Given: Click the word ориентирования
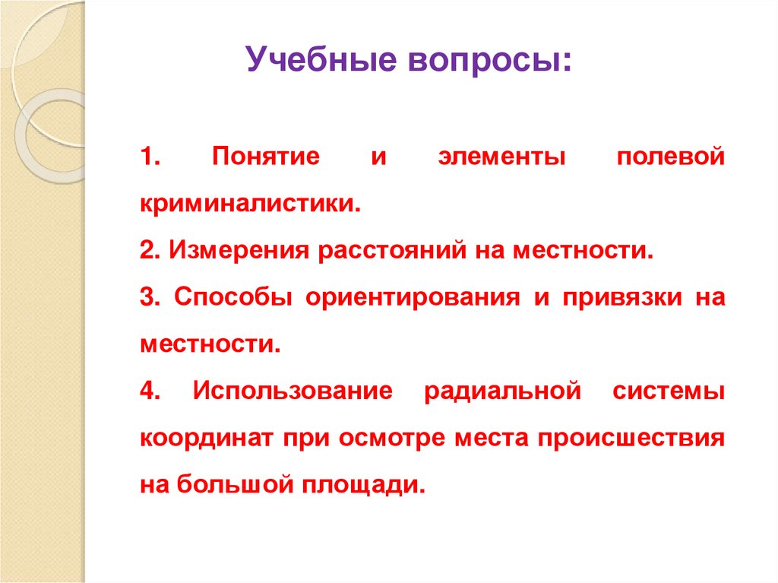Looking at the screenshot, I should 410,297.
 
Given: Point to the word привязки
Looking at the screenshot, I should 613,297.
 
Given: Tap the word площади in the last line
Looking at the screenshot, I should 365,485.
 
